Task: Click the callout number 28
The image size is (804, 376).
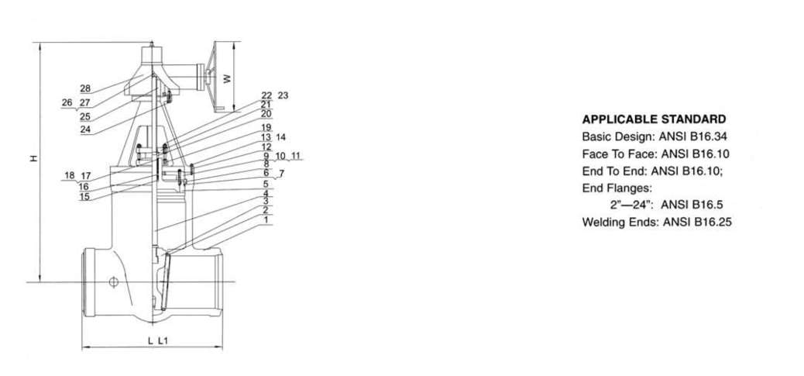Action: click(85, 88)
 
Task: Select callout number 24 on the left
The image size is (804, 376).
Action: click(85, 129)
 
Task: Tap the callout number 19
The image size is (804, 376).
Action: click(266, 127)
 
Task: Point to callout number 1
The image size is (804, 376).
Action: click(266, 219)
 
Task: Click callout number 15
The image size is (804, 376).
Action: click(84, 196)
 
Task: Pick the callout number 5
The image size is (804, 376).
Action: click(266, 184)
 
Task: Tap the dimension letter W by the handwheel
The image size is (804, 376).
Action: click(227, 78)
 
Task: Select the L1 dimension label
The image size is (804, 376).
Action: click(163, 340)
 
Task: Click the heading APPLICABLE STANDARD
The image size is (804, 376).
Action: click(654, 119)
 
